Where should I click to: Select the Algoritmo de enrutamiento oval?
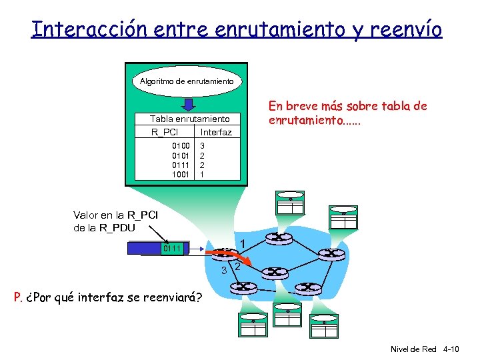tap(187, 81)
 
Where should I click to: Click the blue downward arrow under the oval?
tap(189, 104)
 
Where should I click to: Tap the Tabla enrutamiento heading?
tap(190, 118)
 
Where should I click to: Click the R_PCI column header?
tap(164, 132)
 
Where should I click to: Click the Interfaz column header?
tap(216, 132)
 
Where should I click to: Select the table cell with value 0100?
tap(181, 145)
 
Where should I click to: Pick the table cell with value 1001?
tap(181, 174)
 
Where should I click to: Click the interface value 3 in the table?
tap(203, 145)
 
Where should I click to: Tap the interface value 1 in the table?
tap(203, 174)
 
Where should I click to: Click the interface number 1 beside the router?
tap(244, 243)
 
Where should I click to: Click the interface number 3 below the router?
tap(225, 270)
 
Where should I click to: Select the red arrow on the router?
tap(227, 254)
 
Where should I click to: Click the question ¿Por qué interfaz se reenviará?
tap(113, 297)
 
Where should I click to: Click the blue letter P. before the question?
tap(19, 297)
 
